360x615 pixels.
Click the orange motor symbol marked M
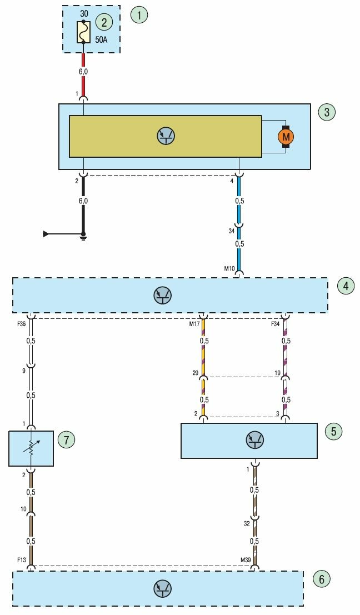click(x=286, y=136)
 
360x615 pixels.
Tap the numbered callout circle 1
click(x=139, y=14)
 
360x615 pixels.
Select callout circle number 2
click(x=104, y=22)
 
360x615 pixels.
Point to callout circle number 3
click(x=327, y=112)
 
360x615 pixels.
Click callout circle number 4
click(x=346, y=286)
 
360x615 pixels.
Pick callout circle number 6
click(x=321, y=579)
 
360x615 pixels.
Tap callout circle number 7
click(x=66, y=440)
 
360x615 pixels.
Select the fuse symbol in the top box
click(x=83, y=32)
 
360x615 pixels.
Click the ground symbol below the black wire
click(x=83, y=237)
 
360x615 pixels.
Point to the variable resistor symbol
click(x=31, y=448)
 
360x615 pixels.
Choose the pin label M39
click(x=246, y=560)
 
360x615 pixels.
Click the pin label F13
click(x=20, y=560)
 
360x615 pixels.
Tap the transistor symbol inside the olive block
click(x=165, y=136)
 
